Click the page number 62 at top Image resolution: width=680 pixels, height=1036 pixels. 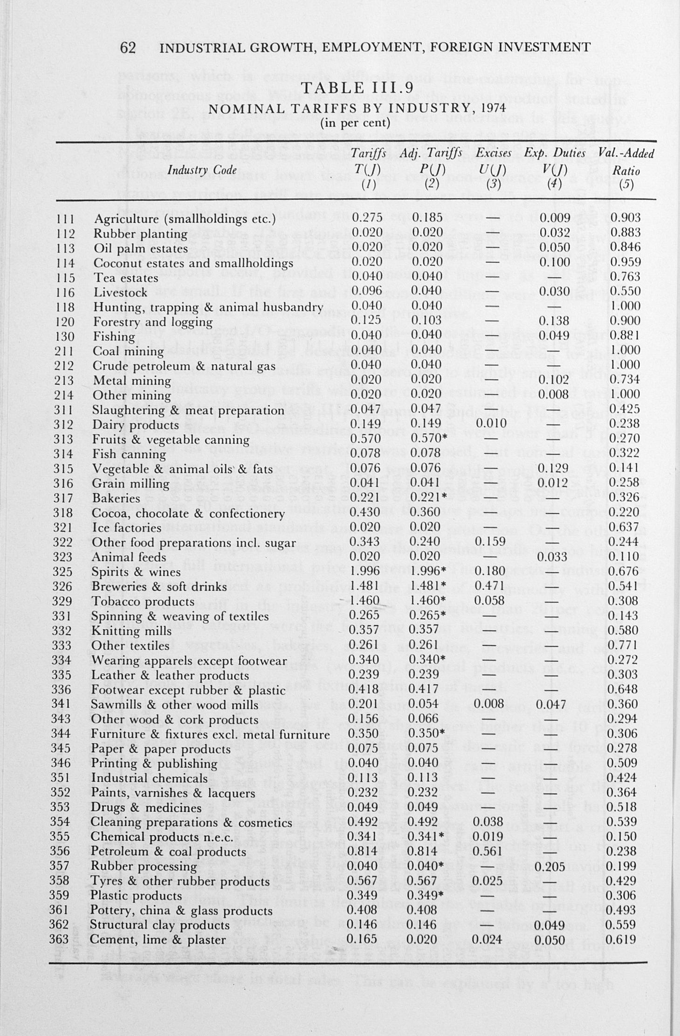[128, 48]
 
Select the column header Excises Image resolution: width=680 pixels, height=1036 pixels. [494, 153]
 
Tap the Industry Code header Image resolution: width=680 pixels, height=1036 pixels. [202, 170]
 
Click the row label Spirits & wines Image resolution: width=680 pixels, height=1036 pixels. [136, 572]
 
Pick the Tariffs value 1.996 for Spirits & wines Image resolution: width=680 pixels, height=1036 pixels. [367, 572]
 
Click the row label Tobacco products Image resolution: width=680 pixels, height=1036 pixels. [143, 601]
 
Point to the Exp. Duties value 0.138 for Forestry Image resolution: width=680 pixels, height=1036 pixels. [554, 320]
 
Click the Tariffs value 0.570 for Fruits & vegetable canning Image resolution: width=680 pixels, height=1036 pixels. [367, 439]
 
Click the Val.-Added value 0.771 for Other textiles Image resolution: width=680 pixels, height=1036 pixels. [625, 645]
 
